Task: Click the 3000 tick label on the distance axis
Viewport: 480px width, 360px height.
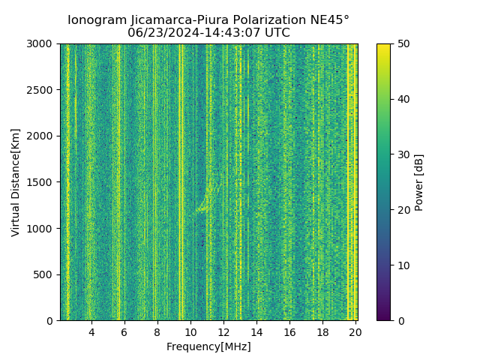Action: [43, 43]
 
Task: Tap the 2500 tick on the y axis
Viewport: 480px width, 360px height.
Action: [43, 90]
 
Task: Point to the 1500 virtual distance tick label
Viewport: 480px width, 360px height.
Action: [43, 182]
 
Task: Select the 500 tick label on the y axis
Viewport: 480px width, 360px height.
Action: [46, 274]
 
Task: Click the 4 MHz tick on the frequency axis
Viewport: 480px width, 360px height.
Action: [91, 332]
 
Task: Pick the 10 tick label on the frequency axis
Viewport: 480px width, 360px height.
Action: [190, 332]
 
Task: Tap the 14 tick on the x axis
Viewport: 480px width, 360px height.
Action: [256, 332]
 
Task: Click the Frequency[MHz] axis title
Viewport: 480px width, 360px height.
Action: [208, 346]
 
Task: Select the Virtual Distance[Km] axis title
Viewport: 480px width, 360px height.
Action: [16, 182]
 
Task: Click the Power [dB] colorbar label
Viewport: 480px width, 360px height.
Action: [419, 182]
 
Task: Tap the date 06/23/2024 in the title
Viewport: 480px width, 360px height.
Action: [160, 33]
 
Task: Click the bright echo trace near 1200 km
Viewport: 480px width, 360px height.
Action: [202, 209]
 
